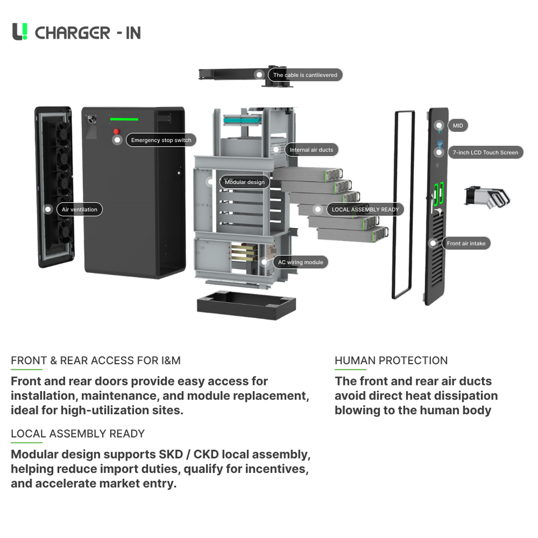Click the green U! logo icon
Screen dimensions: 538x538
click(20, 31)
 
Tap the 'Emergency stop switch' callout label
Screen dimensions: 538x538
click(161, 140)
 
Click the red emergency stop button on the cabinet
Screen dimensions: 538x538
click(117, 131)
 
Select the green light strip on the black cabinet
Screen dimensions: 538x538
click(124, 119)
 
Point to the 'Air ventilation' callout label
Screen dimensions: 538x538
click(80, 209)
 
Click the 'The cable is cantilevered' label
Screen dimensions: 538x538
click(305, 75)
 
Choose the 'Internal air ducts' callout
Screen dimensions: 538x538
click(311, 150)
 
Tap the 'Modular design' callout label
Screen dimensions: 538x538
click(245, 182)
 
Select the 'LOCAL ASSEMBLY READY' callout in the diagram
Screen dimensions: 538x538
click(365, 209)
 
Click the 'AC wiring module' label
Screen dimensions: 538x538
click(300, 262)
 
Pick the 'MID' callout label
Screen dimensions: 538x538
click(458, 126)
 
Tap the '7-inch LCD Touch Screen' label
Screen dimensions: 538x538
click(485, 152)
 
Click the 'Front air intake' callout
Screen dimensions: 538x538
click(466, 243)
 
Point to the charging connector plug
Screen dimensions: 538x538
click(487, 198)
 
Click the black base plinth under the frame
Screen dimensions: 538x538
click(247, 305)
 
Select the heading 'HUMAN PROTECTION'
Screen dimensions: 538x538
click(391, 360)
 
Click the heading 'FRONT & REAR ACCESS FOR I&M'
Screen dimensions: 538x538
click(96, 360)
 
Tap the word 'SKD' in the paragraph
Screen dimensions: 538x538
click(170, 454)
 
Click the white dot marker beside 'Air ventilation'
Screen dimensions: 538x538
click(48, 209)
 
